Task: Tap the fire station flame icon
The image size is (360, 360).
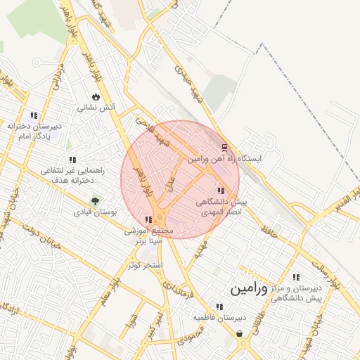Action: click(x=96, y=96)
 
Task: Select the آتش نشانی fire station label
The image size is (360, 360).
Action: click(x=96, y=108)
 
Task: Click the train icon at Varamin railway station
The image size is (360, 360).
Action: click(x=225, y=147)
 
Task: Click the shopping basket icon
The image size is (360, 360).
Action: click(x=240, y=333)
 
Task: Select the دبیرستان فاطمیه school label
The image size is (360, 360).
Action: click(x=219, y=318)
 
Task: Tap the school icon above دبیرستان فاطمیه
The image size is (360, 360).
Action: click(x=219, y=307)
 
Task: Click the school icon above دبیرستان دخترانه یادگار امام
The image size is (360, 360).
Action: click(x=34, y=115)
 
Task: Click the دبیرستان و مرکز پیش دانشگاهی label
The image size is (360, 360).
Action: click(x=298, y=293)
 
